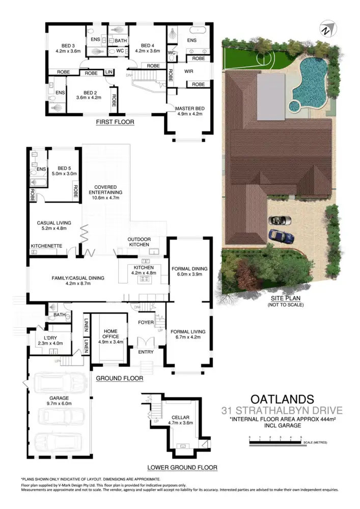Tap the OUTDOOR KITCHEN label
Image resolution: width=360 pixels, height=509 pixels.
pyautogui.click(x=139, y=241)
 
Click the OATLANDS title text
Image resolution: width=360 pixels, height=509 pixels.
pyautogui.click(x=282, y=398)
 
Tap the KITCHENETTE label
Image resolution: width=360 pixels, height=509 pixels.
pyautogui.click(x=46, y=246)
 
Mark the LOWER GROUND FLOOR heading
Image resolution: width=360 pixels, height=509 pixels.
pyautogui.click(x=182, y=467)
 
